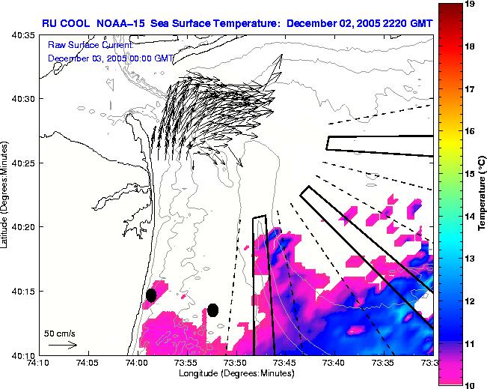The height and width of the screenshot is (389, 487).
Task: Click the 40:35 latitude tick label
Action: click(22, 34)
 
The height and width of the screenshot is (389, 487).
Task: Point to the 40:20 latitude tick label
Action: click(22, 226)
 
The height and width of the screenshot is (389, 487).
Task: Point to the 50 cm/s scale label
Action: click(57, 332)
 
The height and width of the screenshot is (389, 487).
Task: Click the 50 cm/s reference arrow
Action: click(62, 345)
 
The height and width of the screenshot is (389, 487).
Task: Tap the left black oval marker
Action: click(151, 295)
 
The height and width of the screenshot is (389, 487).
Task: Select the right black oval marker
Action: click(212, 310)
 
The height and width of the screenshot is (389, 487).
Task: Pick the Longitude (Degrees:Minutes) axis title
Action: click(235, 373)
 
